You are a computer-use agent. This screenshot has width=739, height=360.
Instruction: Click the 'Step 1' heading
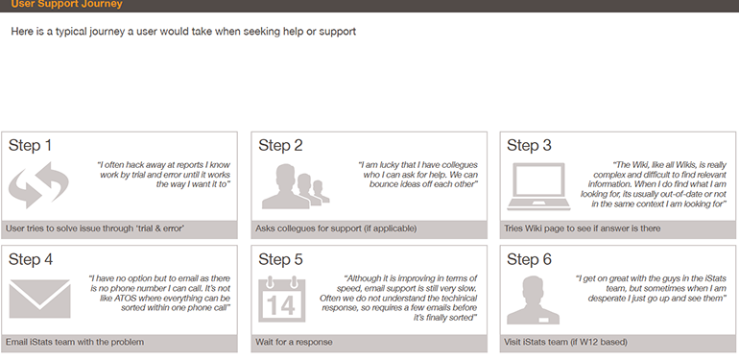click(x=30, y=146)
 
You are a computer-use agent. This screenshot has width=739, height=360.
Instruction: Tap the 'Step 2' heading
click(x=280, y=146)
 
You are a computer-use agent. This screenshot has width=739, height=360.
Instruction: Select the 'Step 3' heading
click(x=529, y=146)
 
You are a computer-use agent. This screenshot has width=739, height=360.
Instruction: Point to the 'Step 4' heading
click(x=31, y=259)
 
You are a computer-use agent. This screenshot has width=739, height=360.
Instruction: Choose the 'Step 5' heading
click(x=280, y=259)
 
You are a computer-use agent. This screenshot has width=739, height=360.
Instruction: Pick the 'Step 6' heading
click(x=529, y=259)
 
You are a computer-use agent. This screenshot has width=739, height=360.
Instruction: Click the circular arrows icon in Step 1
click(x=38, y=185)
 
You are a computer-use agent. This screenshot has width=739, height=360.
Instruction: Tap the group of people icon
click(x=296, y=186)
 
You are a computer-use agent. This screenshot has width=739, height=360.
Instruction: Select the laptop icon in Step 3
click(x=538, y=186)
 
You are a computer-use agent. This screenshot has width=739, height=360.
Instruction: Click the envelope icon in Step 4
click(x=39, y=299)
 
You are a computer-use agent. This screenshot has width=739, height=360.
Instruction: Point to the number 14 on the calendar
click(x=280, y=306)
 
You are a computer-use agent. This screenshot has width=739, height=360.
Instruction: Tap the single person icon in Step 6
click(x=533, y=300)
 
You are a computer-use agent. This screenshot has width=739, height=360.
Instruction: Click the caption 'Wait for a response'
click(x=294, y=342)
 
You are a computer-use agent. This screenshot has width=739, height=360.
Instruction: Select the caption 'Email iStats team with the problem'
click(x=75, y=342)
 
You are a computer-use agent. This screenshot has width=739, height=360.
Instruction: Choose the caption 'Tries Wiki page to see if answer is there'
click(x=583, y=228)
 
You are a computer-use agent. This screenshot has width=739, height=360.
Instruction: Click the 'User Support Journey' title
click(x=66, y=4)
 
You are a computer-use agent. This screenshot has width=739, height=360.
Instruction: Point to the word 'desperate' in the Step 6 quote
click(x=608, y=299)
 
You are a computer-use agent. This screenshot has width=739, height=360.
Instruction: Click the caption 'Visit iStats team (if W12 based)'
click(x=565, y=342)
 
